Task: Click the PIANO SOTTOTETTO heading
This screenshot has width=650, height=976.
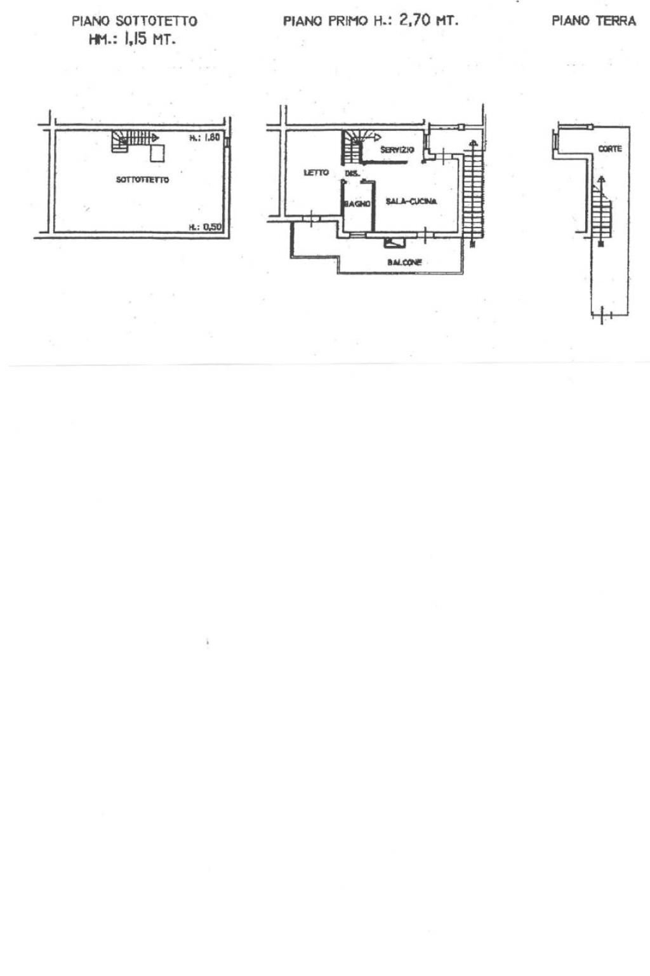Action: click(134, 21)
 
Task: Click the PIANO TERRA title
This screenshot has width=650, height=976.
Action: click(594, 21)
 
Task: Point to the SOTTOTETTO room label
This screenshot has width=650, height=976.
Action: click(142, 180)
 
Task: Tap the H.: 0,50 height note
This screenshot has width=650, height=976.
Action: click(204, 227)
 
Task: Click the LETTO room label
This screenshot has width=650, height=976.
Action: click(316, 172)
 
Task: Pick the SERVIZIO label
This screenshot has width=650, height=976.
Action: click(397, 150)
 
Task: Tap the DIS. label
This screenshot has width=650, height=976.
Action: click(352, 173)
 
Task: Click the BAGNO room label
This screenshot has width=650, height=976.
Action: click(357, 203)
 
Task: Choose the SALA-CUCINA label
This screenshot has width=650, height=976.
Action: click(411, 201)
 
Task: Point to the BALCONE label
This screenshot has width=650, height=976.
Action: click(404, 262)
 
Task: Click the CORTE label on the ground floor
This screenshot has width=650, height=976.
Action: click(610, 149)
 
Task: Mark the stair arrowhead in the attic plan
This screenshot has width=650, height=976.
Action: click(155, 137)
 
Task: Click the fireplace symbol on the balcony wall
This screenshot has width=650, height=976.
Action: click(394, 241)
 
